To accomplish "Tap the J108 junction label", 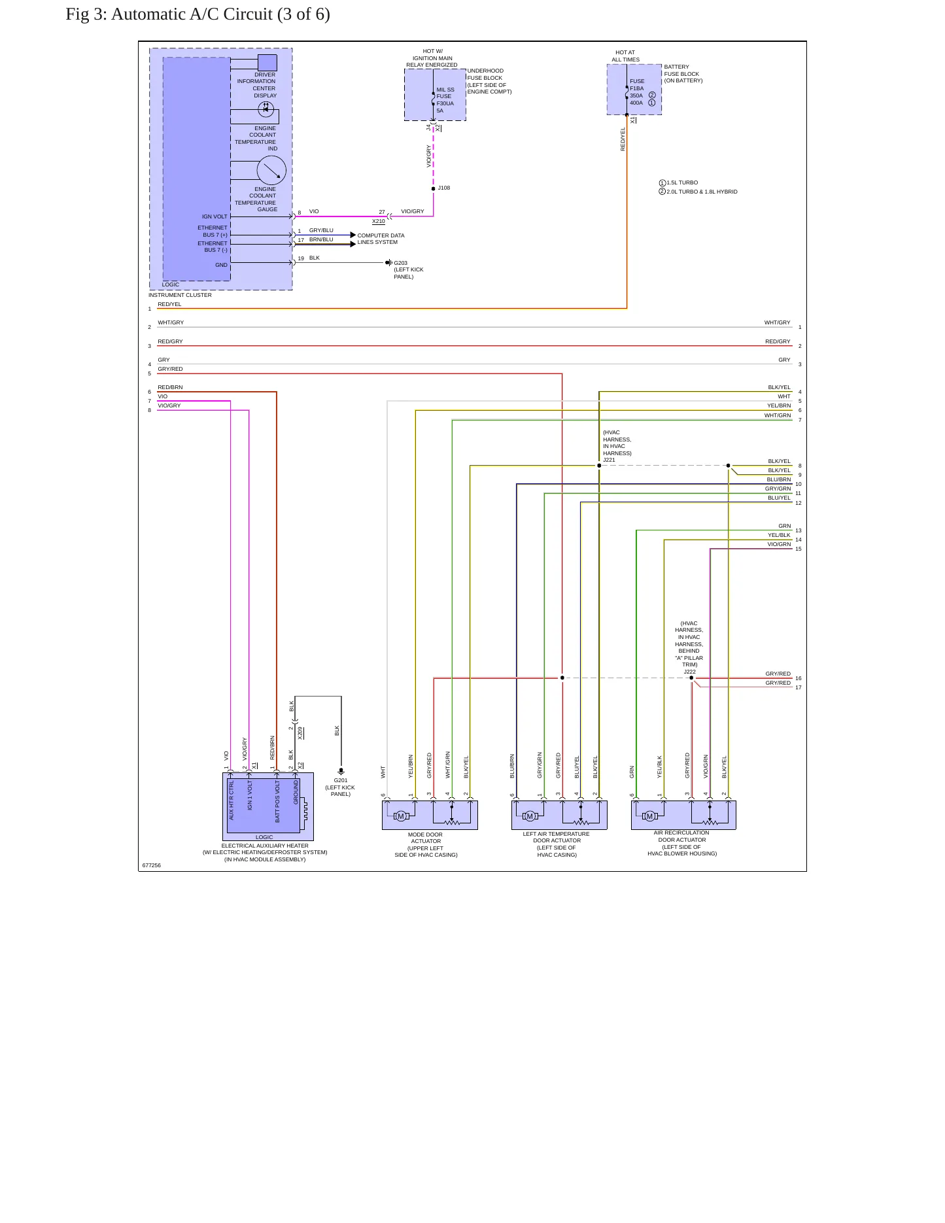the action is click(x=444, y=188).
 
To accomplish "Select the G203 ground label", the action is click(x=400, y=263).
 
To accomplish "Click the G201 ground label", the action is click(x=341, y=780).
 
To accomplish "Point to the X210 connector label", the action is click(x=379, y=221).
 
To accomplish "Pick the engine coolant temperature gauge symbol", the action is click(x=271, y=171).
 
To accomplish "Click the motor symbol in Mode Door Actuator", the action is click(x=401, y=816).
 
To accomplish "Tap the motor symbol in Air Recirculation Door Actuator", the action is click(x=649, y=816).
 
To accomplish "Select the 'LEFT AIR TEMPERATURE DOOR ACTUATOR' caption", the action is click(x=557, y=837).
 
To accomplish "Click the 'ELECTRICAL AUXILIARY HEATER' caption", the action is click(x=265, y=846).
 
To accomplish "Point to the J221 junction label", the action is click(x=609, y=460).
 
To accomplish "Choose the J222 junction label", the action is click(x=689, y=672).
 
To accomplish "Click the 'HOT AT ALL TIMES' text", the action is click(x=625, y=56).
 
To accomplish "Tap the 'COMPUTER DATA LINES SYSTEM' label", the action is click(x=381, y=239).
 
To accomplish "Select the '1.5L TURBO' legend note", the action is click(x=682, y=183).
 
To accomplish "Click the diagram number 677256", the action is click(x=151, y=865).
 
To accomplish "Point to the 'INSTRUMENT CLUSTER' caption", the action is click(x=180, y=295).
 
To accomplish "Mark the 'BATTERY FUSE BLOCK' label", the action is click(x=681, y=70).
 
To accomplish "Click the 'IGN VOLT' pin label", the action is click(x=215, y=216).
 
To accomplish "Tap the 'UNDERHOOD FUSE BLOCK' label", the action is click(x=485, y=74).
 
